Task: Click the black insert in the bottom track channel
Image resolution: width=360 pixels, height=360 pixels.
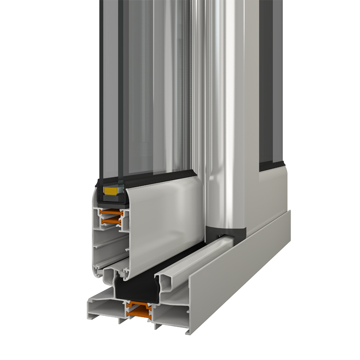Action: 135,288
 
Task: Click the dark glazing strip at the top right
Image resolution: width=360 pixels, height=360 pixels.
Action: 265,67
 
